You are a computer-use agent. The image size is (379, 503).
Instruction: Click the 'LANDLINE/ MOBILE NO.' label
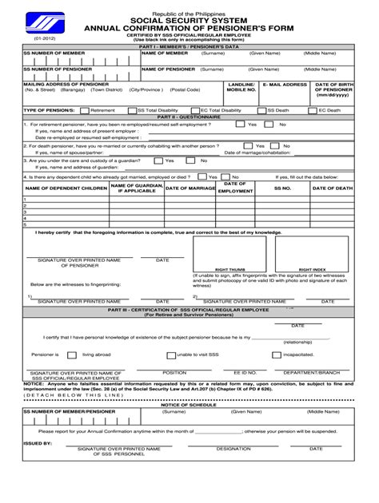click(241, 87)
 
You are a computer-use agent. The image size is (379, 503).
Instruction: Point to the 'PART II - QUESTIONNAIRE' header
click(189, 117)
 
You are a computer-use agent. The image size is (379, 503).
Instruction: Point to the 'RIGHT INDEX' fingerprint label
click(312, 270)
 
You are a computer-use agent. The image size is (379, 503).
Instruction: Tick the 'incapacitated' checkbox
click(273, 354)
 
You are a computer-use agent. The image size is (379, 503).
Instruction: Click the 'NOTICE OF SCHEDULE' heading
click(189, 405)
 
